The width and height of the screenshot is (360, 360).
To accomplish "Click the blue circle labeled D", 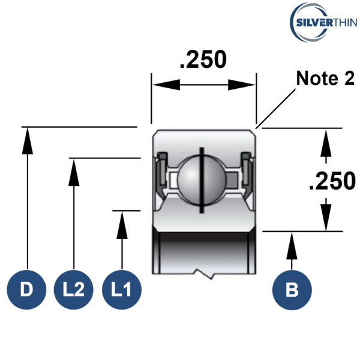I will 27,290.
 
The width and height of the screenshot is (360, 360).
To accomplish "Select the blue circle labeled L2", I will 73,290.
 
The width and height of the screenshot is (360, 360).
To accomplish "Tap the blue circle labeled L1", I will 122,290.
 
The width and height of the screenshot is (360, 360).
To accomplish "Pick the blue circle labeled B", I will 292,290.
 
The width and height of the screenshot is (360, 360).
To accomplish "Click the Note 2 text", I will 325,78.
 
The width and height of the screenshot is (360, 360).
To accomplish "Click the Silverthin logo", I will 323,23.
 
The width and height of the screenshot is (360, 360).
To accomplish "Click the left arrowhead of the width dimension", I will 162,85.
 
